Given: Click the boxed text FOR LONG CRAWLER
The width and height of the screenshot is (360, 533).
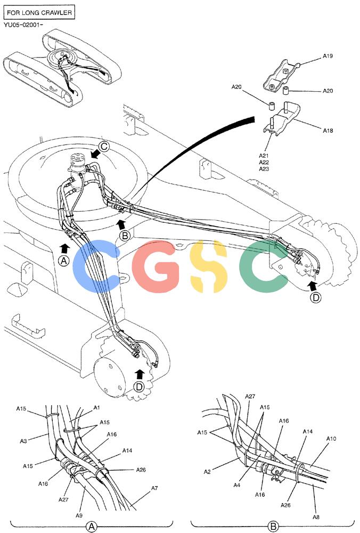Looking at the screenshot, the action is [39, 13].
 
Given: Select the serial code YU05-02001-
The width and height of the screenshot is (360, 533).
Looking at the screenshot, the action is [23, 25].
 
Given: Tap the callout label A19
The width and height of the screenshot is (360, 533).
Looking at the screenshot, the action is [328, 56].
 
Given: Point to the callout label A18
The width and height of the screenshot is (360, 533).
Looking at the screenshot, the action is [328, 130].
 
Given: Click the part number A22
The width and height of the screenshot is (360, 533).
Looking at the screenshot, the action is [264, 163].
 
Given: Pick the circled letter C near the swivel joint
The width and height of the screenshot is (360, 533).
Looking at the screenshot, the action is [104, 147].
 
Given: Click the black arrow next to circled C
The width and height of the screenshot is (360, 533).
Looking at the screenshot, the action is [96, 155].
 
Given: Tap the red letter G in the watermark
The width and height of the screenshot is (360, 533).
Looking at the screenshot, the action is [156, 266].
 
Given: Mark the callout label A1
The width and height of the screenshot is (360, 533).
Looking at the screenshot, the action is [97, 408].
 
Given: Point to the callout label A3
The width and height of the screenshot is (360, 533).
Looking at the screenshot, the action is [23, 441].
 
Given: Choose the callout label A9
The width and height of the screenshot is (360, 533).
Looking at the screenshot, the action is [79, 515].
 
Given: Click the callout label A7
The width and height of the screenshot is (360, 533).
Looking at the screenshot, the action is [154, 488].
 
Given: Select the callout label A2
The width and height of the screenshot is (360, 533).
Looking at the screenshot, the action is [207, 472].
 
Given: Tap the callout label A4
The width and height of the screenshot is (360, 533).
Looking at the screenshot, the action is [237, 485].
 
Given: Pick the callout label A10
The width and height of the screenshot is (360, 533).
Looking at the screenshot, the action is [331, 439].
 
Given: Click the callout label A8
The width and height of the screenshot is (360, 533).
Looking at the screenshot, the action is [316, 517].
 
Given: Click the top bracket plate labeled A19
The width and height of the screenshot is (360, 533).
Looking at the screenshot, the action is [281, 76].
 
